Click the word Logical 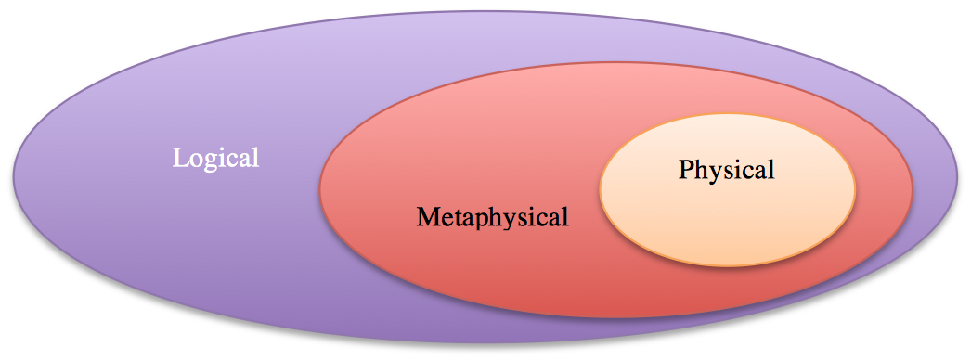(x=215, y=158)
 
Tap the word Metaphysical (x=491, y=218)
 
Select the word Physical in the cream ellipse (x=726, y=171)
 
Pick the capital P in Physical (x=686, y=171)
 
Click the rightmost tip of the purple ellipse (x=959, y=176)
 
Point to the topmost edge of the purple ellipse (x=483, y=12)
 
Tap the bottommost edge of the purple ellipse (x=483, y=344)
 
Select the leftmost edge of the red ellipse (x=320, y=190)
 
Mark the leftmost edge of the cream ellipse (x=601, y=190)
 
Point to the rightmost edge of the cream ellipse (x=855, y=190)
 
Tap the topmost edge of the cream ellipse (x=727, y=114)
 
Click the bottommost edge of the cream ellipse (x=727, y=266)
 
